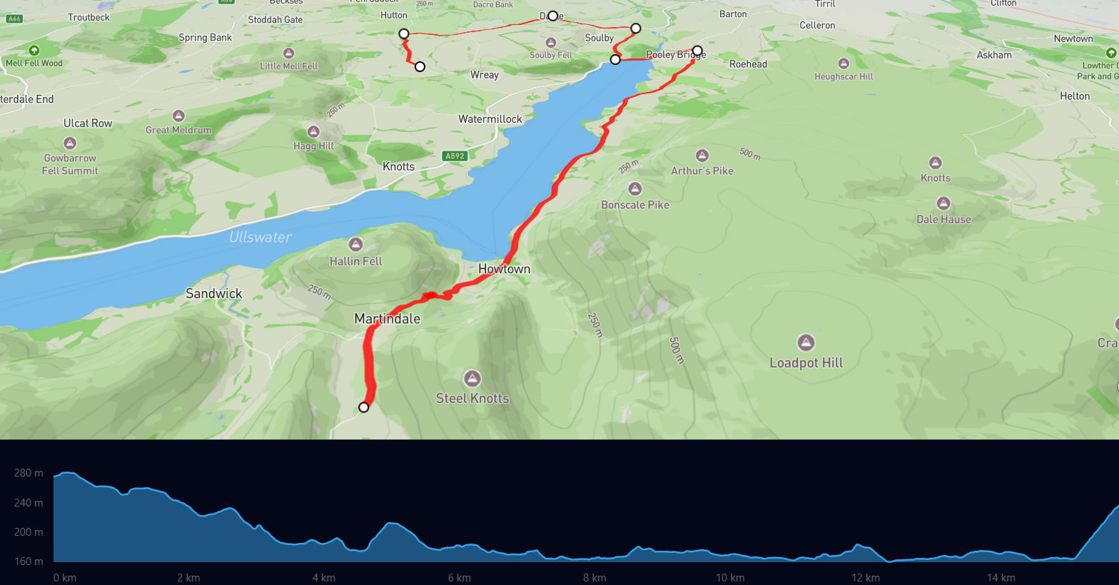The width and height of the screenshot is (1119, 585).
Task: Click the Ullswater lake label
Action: pos(260,237)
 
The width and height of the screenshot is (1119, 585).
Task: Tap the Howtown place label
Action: pos(504,269)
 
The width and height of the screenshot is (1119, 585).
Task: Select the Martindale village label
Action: pos(387,319)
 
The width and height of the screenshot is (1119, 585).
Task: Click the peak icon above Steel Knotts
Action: pos(472,378)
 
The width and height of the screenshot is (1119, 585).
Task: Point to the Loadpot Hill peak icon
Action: pos(806,342)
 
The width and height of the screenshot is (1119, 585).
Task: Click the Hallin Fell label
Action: pos(355,261)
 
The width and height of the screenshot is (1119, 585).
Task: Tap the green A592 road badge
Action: pos(455,156)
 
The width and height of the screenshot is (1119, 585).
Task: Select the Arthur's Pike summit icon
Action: pos(702,156)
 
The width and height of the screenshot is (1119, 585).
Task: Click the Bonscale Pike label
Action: pos(634,205)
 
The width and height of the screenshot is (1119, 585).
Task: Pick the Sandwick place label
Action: pos(213,293)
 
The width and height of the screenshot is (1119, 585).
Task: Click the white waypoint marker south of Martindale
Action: pos(364,407)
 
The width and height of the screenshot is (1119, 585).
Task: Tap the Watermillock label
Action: pos(490,119)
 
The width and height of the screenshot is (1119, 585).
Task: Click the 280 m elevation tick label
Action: pos(29,473)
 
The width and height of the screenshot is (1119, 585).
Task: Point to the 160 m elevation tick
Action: pos(29,561)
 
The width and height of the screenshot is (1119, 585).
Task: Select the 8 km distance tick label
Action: pos(594,577)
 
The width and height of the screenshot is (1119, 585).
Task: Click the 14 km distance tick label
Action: pos(1001,577)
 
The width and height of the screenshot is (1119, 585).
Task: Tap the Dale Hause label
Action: pos(943,220)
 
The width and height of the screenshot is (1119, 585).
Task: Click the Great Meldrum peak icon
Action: pos(178,116)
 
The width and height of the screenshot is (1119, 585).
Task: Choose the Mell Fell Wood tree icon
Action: pos(34,50)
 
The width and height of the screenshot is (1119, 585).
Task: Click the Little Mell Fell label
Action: pos(288,66)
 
